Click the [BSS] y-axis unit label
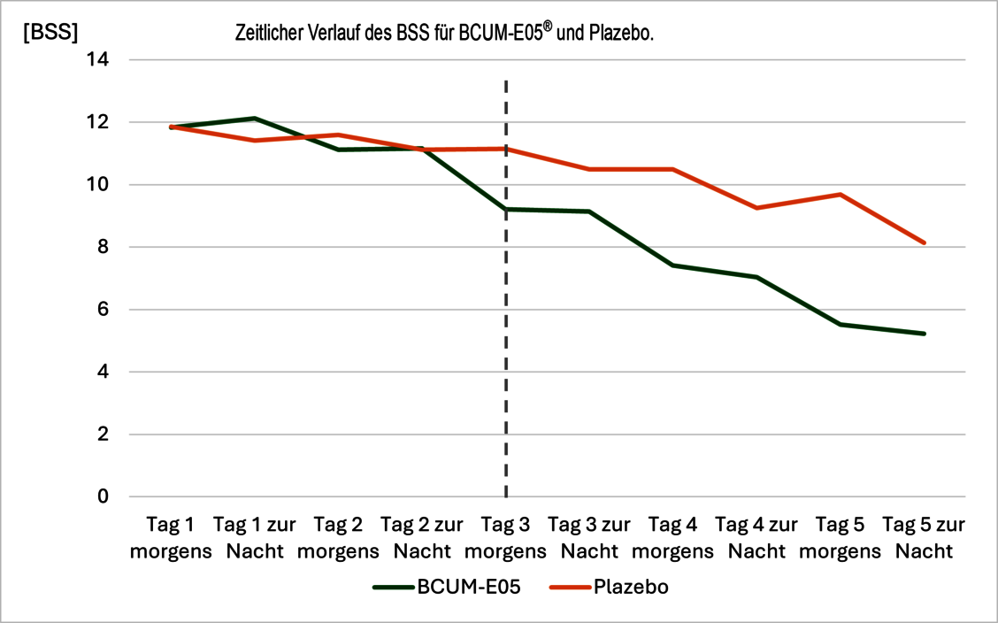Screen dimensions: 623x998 [50, 34]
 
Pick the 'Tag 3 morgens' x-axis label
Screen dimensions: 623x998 [505, 537]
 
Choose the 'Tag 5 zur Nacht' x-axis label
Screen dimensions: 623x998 [924, 537]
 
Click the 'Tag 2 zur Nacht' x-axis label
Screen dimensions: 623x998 [422, 537]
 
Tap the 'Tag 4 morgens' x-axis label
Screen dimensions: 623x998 [672, 537]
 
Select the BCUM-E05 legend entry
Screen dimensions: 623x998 [443, 587]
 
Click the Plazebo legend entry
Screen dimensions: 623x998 [620, 587]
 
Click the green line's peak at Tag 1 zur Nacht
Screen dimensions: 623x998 [255, 118]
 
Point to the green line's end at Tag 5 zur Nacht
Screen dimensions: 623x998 [924, 334]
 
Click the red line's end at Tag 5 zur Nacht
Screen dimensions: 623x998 [924, 242]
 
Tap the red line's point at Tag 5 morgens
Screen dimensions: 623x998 [841, 195]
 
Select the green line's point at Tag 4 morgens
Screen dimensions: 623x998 [672, 265]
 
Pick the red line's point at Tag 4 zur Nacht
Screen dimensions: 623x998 [756, 208]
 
